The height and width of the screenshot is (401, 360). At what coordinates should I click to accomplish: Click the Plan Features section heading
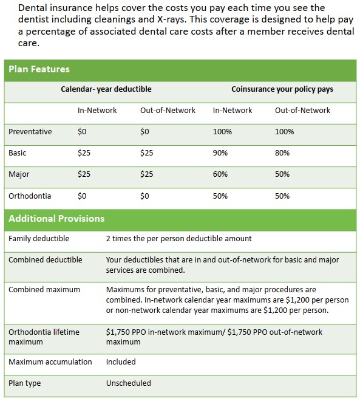39,69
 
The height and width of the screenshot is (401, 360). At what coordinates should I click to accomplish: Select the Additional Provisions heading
56,218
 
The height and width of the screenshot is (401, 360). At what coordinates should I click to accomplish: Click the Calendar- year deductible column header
106,89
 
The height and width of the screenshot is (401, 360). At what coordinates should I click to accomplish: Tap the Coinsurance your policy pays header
282,89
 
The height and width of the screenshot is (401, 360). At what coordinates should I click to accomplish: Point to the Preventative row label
30,131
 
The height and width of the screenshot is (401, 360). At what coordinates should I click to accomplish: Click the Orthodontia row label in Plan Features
30,196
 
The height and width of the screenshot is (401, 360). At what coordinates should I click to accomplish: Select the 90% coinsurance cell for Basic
220,153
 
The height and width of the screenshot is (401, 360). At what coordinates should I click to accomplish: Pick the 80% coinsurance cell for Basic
282,153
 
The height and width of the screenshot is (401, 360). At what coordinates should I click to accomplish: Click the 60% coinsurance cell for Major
220,174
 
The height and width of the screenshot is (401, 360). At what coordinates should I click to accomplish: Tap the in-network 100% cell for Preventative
223,132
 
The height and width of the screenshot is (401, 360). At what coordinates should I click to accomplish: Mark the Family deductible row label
39,238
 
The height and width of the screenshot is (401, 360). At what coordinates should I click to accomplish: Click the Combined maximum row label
44,289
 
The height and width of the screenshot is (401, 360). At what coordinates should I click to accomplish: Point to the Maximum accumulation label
50,362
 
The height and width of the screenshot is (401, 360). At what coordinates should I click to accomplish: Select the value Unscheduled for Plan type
129,383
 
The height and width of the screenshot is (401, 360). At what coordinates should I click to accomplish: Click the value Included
121,362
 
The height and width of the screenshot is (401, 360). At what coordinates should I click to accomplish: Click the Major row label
19,174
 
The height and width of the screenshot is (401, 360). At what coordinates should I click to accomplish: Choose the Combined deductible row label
46,260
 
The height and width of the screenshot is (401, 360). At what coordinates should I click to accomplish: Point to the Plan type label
24,383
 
